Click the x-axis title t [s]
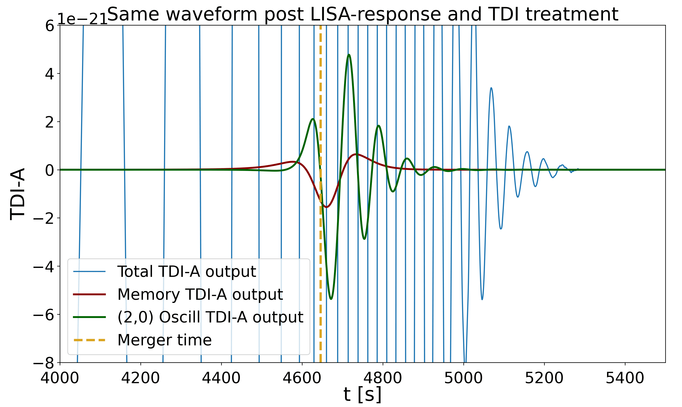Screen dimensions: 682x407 click(363, 394)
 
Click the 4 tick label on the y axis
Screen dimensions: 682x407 click(50, 74)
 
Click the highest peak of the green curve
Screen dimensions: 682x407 click(349, 55)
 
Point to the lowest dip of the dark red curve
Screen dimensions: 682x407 click(326, 207)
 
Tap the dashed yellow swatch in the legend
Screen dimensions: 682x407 click(89, 340)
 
